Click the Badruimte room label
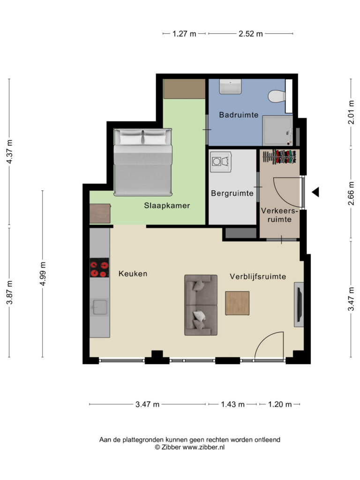coord(239,115)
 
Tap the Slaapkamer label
coord(167,206)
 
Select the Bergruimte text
coord(232,194)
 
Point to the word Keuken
coord(133,274)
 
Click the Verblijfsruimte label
coord(258,277)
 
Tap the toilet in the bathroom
coord(277,96)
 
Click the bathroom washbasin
coord(230,87)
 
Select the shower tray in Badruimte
coord(277,131)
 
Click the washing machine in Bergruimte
coord(220,161)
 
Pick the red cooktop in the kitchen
coord(99,268)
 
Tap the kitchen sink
coord(100,307)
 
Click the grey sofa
coord(201,305)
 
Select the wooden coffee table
coord(237,303)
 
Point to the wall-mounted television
coord(299,304)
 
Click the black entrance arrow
coord(315,192)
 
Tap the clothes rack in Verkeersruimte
coord(279,157)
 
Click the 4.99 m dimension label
coord(43,274)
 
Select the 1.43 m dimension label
coord(232,405)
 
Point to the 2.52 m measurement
coord(251,34)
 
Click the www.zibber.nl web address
coord(203,447)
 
